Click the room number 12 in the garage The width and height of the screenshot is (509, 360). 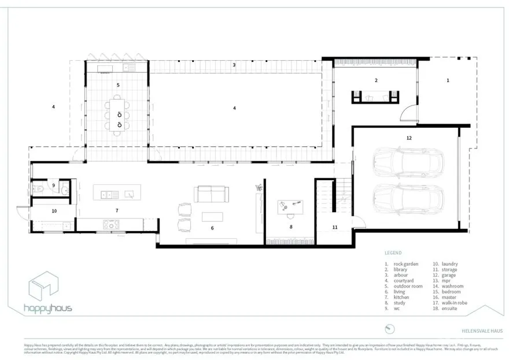coord(409,138)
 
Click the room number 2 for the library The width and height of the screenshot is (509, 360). coord(376,80)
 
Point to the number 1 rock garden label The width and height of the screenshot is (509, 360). coord(447,80)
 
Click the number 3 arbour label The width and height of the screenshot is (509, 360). coord(234,65)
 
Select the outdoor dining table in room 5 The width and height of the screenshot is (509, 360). coord(118,114)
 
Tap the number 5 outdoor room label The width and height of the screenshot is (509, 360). coord(118,85)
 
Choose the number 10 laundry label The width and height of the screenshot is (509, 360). coord(54,211)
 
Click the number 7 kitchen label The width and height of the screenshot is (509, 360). coord(117,211)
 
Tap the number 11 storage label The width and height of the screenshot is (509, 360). coord(334,227)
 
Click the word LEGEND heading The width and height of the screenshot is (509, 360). coord(393,253)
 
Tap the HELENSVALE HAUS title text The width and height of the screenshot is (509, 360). coord(482,331)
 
